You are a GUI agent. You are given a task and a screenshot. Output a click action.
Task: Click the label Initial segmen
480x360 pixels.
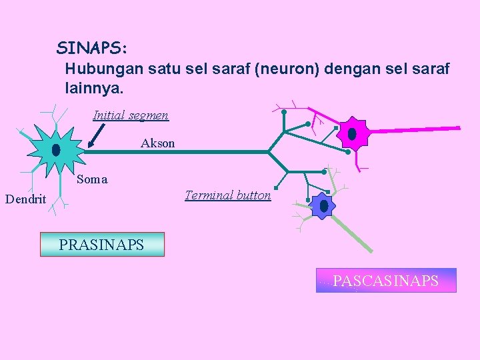pyautogui.click(x=131, y=115)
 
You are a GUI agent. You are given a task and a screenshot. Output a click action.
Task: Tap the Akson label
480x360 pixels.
pyautogui.click(x=158, y=143)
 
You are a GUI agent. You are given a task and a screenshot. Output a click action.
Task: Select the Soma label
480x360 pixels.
pyautogui.click(x=92, y=179)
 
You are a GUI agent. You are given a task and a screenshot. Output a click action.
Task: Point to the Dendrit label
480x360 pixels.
pyautogui.click(x=25, y=199)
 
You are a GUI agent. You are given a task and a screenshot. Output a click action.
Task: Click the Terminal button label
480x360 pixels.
pyautogui.click(x=228, y=195)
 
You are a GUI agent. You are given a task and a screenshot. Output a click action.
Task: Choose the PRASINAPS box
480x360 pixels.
pyautogui.click(x=102, y=245)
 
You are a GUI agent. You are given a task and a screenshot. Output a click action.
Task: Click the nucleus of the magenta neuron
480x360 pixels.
pyautogui.click(x=352, y=134)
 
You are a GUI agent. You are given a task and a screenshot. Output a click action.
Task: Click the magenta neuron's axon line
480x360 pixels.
pyautogui.click(x=413, y=129)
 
